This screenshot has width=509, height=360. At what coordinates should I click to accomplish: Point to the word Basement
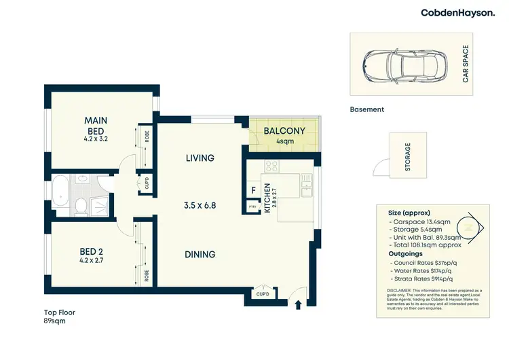(x=367, y=109)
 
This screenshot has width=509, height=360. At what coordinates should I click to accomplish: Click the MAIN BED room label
(x=96, y=126)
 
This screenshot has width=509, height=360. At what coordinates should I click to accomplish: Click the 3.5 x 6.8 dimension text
(x=200, y=204)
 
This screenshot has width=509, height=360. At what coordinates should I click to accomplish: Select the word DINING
(x=200, y=255)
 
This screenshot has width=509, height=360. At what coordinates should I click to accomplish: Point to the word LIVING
(x=200, y=158)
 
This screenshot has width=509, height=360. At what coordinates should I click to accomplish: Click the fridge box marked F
(x=253, y=191)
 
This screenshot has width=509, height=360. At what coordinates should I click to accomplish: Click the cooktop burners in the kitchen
(x=271, y=166)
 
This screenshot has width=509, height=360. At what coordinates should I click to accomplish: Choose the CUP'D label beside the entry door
(x=261, y=294)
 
